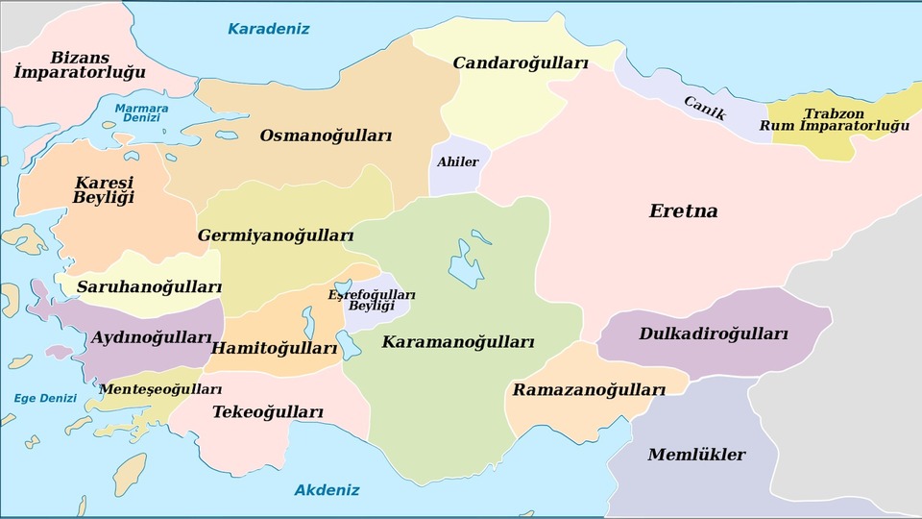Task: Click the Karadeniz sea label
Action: click(x=268, y=29)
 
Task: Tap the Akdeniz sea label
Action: click(x=327, y=490)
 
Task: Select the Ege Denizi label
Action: click(x=44, y=399)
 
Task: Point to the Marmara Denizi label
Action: click(x=141, y=112)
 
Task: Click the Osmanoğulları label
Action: click(x=326, y=136)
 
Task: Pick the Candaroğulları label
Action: click(x=520, y=62)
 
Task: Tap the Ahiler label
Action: click(x=457, y=161)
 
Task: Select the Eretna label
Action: click(x=683, y=211)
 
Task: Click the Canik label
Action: click(x=705, y=107)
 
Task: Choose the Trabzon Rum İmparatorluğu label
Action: click(x=834, y=119)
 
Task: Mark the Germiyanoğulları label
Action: click(x=276, y=235)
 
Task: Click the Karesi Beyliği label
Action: click(x=103, y=189)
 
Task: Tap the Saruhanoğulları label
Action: click(x=149, y=287)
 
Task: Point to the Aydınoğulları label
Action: click(x=151, y=338)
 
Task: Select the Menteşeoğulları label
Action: click(x=160, y=389)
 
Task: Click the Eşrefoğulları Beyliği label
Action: click(x=372, y=300)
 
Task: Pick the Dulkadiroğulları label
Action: click(x=713, y=334)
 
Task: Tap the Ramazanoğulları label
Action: click(x=588, y=390)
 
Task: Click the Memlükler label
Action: click(x=696, y=455)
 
